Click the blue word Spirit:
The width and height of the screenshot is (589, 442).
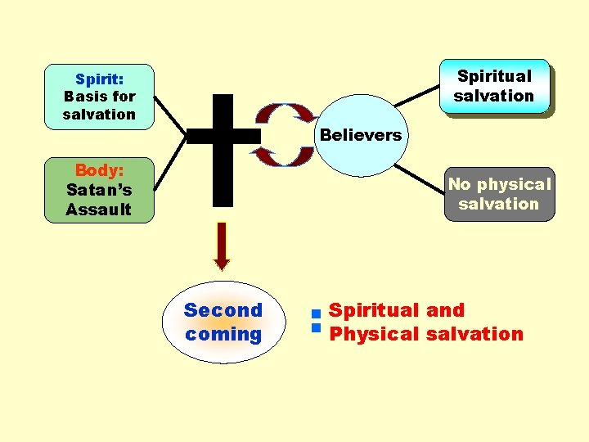tap(99, 79)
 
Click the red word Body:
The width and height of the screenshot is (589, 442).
tap(99, 170)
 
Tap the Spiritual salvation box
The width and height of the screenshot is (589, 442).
tap(494, 86)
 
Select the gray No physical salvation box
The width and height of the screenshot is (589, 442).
tap(499, 195)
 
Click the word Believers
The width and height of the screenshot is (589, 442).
tap(361, 135)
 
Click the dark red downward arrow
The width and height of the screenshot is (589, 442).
tap(222, 246)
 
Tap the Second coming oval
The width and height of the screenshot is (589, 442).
tap(223, 322)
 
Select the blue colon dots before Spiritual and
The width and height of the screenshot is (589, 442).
tap(314, 320)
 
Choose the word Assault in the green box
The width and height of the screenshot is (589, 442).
tap(99, 210)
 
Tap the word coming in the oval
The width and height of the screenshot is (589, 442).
tap(223, 334)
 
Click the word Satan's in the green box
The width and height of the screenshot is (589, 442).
tap(99, 190)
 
